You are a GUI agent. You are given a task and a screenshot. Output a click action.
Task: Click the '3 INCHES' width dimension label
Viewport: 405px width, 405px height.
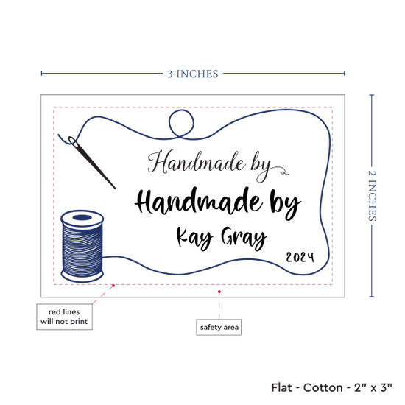point(193,74)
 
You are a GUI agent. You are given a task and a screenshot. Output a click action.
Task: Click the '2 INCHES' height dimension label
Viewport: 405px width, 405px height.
point(372,196)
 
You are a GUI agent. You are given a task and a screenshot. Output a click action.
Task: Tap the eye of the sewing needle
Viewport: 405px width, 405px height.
point(72,141)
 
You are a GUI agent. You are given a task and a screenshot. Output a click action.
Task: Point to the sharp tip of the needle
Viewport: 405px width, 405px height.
point(115,189)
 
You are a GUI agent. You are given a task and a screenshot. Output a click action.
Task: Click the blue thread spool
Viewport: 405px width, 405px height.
point(82,246)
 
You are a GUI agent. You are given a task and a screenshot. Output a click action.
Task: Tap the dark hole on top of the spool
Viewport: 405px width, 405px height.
point(82,217)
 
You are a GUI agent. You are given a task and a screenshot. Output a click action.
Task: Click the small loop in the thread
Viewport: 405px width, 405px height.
point(181,124)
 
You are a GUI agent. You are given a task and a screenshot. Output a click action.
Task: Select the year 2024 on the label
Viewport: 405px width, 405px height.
point(300,257)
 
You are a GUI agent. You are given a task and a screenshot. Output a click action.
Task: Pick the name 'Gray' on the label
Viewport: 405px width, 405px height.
point(244,238)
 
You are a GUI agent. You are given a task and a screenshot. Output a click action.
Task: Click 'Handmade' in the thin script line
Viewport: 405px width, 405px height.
point(197,162)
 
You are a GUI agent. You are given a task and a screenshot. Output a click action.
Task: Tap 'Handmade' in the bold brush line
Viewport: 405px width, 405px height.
point(197,202)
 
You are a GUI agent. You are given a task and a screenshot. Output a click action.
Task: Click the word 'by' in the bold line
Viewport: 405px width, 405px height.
point(285,205)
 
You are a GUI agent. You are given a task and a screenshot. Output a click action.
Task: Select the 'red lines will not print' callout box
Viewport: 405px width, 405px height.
point(64,317)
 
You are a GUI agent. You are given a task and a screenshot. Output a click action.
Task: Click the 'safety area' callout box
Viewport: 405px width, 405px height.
point(219,327)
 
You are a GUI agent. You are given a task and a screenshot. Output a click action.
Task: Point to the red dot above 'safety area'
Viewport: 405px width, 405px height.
point(219,292)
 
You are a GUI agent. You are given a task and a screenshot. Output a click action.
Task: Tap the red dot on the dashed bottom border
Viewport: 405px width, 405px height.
point(113,286)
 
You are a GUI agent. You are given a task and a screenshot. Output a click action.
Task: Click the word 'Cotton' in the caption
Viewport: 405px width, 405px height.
point(323,387)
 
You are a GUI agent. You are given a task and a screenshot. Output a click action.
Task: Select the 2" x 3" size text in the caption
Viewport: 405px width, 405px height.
point(373,387)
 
